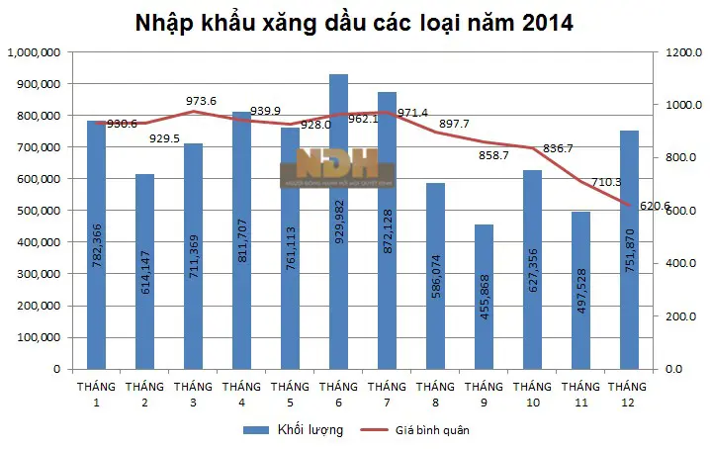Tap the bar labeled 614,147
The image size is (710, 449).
145,271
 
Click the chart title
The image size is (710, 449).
354,22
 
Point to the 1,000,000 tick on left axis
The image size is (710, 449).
34,52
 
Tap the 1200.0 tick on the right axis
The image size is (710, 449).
682,52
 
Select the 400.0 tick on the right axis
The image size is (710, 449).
682,264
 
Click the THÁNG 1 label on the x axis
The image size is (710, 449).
97,394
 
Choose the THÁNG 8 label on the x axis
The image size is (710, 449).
435,394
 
